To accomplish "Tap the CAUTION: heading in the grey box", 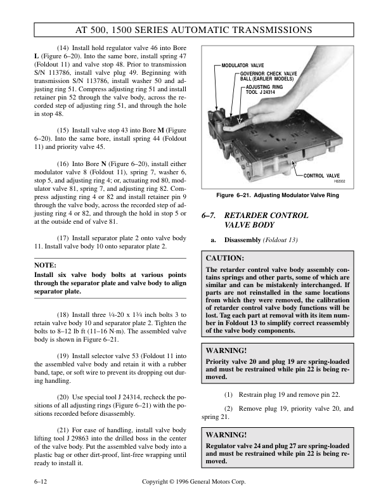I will pyautogui.click(x=226, y=259).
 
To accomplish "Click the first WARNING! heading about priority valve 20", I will pyautogui.click(x=226, y=349).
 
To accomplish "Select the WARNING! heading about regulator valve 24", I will pyautogui.click(x=226, y=435).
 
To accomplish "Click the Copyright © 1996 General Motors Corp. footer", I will pyautogui.click(x=194, y=482).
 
